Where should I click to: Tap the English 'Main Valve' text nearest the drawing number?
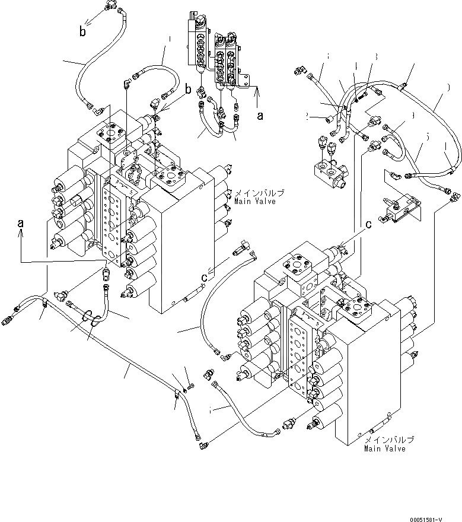tap(385, 448)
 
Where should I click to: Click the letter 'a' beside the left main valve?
tap(21, 223)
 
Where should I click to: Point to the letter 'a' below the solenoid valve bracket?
tap(259, 117)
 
